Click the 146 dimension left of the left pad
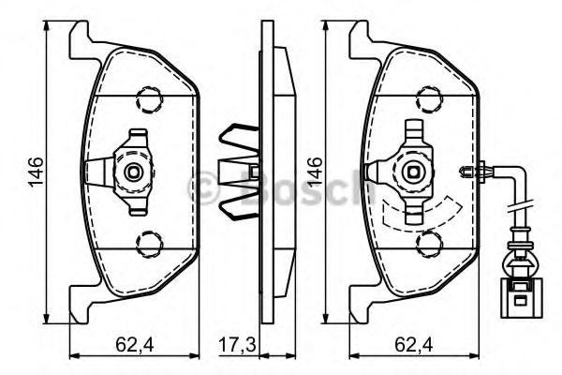coord(34,174)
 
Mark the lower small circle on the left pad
coord(146,246)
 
